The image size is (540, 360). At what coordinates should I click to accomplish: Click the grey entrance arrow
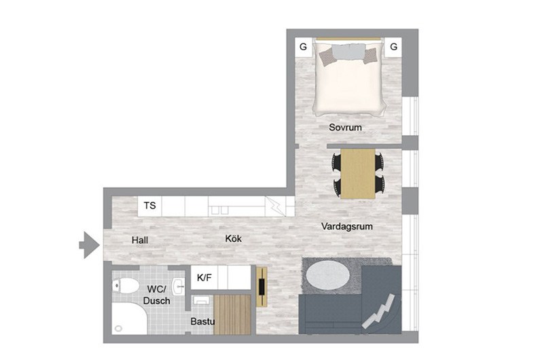coord(90,245)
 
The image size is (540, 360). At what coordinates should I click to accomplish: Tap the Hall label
coord(140,240)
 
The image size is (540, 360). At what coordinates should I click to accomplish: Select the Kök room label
coord(233,238)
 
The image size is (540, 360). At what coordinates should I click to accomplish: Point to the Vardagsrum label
coord(347,226)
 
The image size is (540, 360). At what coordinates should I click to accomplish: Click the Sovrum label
coord(345,127)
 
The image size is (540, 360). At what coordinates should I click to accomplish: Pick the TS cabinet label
coord(150,206)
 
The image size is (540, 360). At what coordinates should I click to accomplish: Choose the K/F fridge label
coord(204,277)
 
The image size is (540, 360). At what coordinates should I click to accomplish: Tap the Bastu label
coord(202,321)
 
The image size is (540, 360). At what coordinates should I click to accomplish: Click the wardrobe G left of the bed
coord(304,47)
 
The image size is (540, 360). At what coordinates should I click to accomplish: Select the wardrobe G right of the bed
coord(394,46)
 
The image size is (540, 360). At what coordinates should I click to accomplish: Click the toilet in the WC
coord(125,286)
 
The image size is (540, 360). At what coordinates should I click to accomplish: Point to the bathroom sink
coord(179,287)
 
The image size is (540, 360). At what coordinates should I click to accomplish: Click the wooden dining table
coord(358,174)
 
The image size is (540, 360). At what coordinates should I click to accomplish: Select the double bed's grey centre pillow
coord(348,52)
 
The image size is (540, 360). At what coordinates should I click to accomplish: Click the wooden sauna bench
coord(232,314)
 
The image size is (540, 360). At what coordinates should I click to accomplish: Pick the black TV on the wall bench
coord(262,287)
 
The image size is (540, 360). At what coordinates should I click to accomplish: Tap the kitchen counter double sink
coord(219,210)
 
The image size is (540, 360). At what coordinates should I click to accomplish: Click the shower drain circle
coord(118,328)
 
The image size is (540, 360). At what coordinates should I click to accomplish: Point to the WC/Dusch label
coord(157,295)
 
